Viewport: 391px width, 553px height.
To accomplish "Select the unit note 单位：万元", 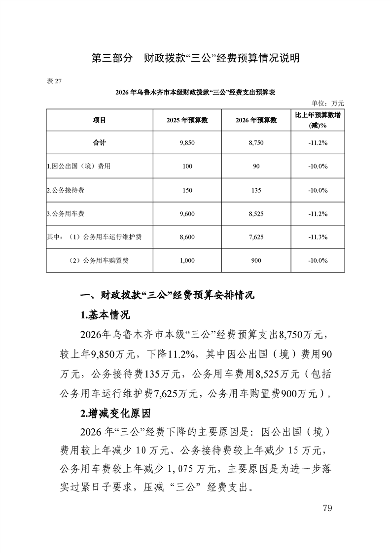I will click(327, 103).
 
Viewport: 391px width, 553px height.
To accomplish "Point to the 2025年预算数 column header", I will click(187, 120).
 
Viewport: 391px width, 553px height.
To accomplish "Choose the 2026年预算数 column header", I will click(256, 120).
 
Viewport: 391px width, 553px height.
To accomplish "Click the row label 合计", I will click(100, 143).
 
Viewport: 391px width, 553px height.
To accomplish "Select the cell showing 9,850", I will click(187, 143).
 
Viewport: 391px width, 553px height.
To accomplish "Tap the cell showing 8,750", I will click(256, 143).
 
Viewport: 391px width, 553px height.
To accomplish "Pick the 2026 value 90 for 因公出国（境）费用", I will click(256, 167).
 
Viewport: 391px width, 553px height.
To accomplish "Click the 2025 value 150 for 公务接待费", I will click(187, 190).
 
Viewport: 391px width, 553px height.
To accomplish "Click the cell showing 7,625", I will click(256, 237).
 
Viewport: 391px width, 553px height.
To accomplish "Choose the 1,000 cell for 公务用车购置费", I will click(187, 260).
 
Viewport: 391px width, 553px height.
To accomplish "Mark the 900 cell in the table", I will click(256, 260).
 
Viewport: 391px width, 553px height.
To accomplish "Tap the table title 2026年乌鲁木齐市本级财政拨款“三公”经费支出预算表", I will click(195, 92).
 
